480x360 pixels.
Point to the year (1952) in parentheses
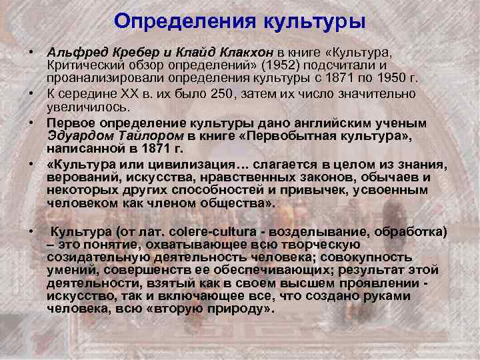coord(277,65)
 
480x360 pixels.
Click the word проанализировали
coord(102,77)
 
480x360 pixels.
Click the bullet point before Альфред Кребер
coord(31,51)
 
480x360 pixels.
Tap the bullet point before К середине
coord(31,93)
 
